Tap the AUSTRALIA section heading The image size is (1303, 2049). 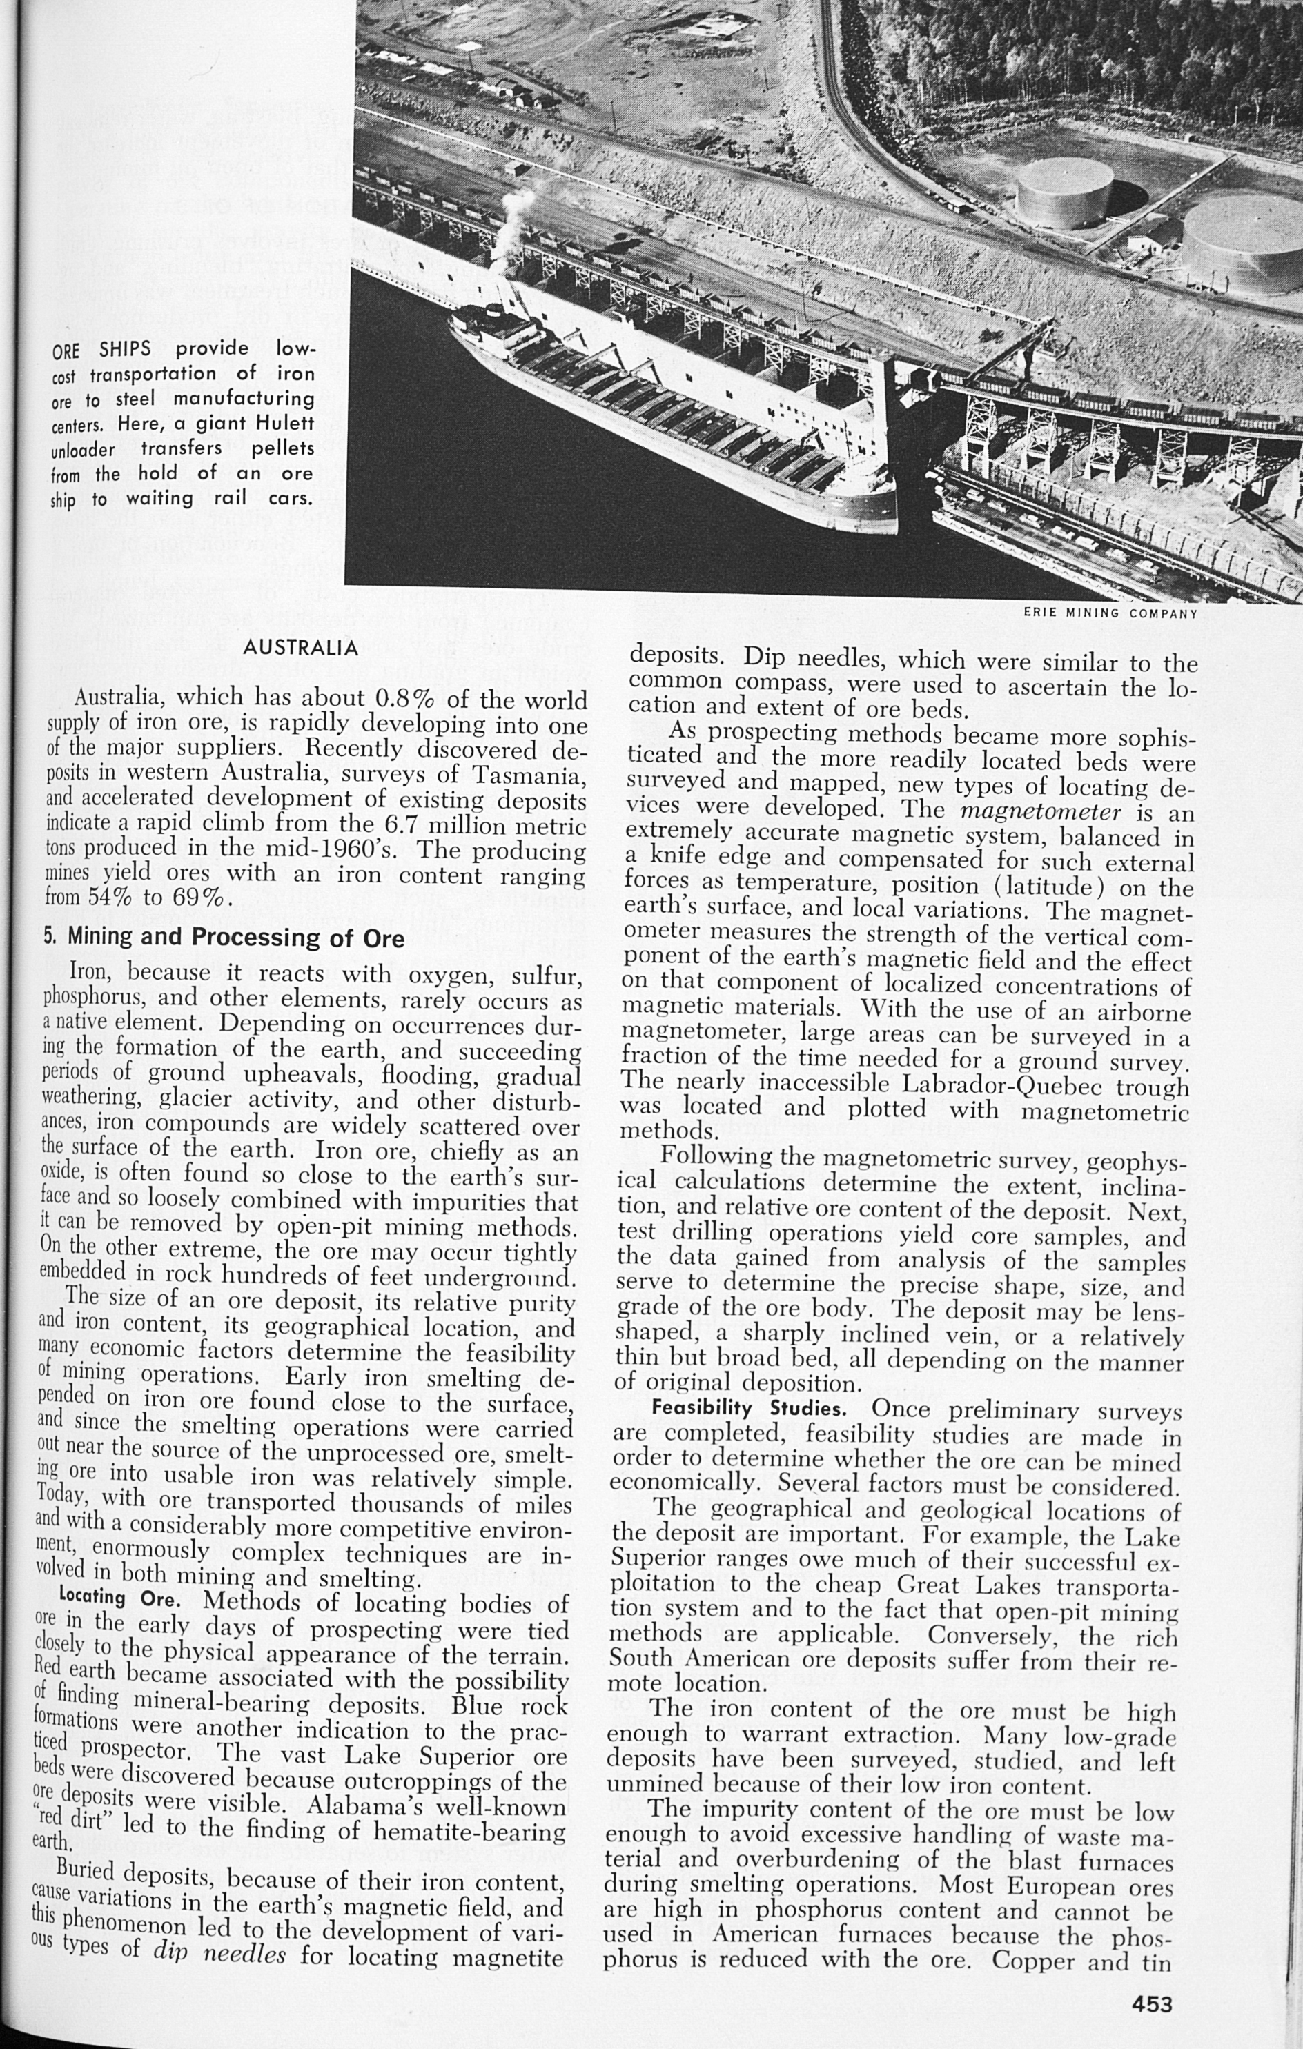[300, 648]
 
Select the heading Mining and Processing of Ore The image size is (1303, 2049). [224, 937]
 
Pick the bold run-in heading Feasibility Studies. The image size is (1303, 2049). [749, 1407]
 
